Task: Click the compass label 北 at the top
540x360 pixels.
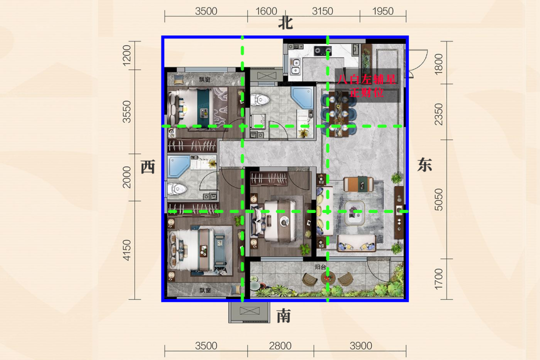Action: click(285, 23)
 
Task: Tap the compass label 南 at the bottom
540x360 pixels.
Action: click(284, 315)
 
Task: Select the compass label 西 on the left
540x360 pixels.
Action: click(148, 166)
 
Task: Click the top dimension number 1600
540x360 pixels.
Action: click(266, 11)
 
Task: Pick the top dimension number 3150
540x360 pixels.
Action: click(322, 11)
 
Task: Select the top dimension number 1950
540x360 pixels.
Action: click(382, 11)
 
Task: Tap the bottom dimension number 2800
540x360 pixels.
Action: click(280, 345)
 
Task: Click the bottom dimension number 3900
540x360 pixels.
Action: click(360, 345)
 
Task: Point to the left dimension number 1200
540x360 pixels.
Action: click(126, 55)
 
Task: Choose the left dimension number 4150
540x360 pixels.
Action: click(126, 250)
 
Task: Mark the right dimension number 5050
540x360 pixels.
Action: click(438, 199)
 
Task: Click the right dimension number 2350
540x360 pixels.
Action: click(438, 114)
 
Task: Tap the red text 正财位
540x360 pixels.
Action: click(367, 92)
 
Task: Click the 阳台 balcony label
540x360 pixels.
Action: click(320, 267)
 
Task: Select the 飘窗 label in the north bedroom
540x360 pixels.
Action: click(204, 79)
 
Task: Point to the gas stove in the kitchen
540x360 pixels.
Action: click(322, 51)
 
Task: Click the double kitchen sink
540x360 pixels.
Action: click(295, 67)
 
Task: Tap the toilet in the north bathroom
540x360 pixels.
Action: click(259, 99)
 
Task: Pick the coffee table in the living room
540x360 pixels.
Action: click(355, 212)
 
